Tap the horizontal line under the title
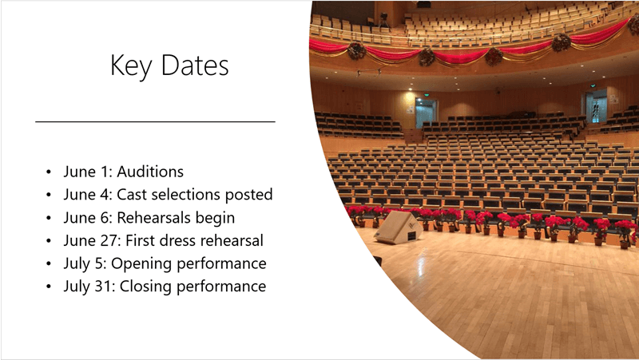(156, 121)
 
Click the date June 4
(87, 195)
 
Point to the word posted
(250, 195)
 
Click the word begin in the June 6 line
(216, 218)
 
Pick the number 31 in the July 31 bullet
(99, 287)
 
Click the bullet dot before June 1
(50, 172)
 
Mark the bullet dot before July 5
(50, 264)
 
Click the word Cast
(132, 195)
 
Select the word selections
(188, 195)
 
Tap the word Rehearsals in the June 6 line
(154, 218)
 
